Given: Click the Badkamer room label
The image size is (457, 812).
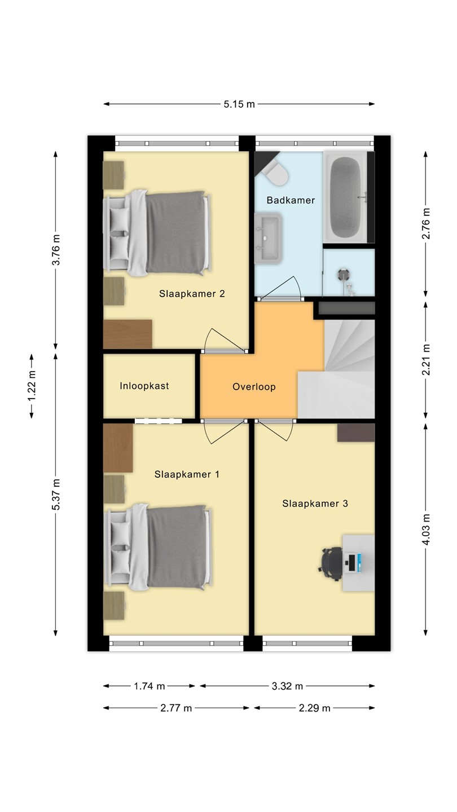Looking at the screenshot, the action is pos(291,200).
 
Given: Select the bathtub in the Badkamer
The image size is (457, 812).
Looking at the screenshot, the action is pos(347,196).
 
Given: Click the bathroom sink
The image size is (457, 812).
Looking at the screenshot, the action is pos(269,238).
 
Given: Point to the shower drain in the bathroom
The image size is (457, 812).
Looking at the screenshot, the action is pos(343,275).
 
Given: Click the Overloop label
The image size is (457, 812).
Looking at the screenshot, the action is pos(254,387).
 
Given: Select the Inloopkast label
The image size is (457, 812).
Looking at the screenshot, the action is pos(144,386).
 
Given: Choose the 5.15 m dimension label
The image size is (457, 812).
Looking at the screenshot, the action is pos(239,104).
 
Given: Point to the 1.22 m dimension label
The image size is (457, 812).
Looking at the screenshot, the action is pos(32,386).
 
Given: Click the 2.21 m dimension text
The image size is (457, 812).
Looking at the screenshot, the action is pos(426,360).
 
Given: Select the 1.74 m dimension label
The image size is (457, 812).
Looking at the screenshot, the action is pos(150,686).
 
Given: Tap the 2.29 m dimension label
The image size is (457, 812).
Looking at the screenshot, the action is pos(314,708).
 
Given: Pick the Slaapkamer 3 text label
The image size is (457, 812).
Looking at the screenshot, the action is pos(315,504).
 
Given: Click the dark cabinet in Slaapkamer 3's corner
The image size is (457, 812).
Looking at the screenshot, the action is pos(356,433).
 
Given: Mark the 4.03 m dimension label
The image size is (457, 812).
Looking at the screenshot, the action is pos(426,529).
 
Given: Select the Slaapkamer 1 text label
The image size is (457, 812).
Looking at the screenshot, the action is pos(187,474).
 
